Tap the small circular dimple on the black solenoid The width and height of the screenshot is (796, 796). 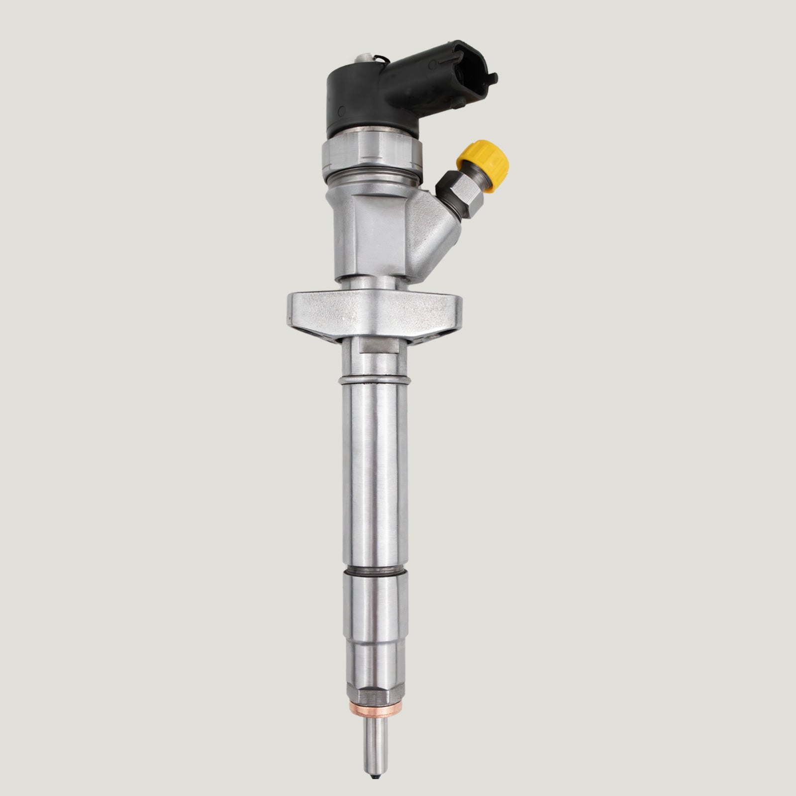pos(342,109)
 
